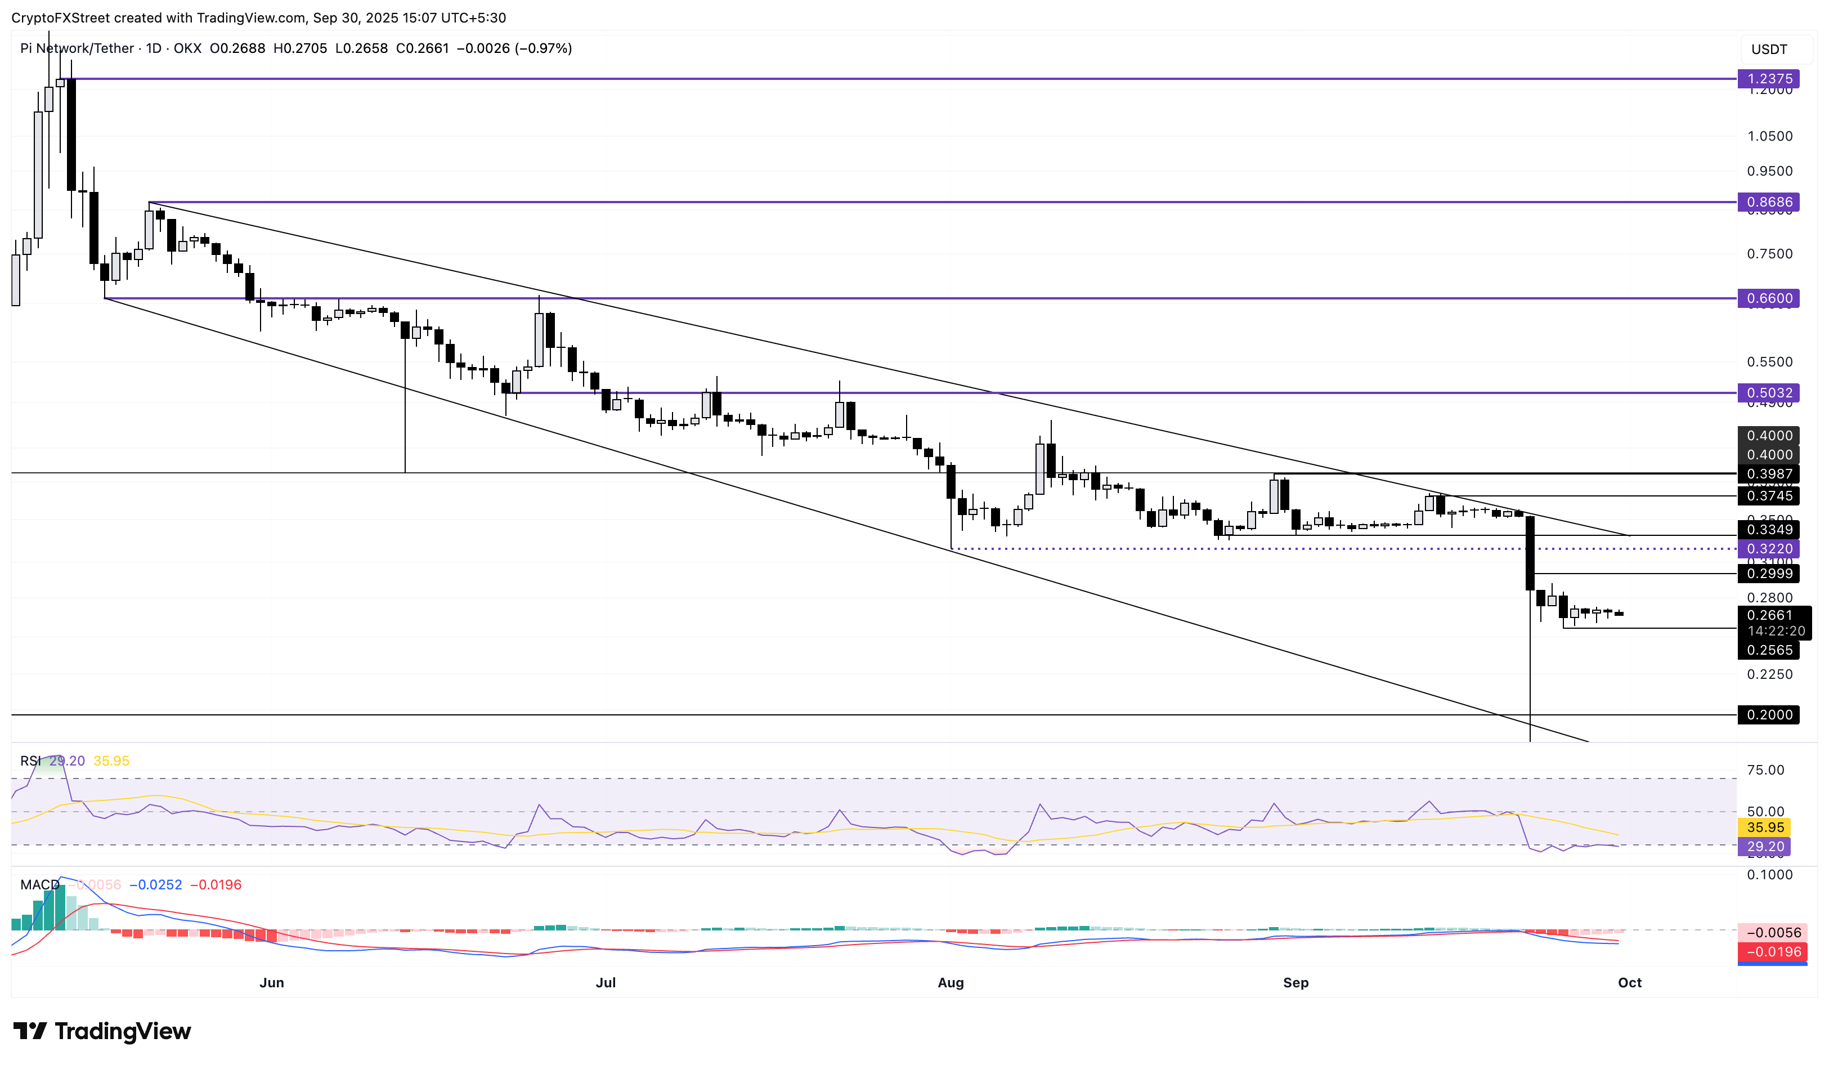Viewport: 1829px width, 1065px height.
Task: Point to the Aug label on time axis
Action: tap(950, 982)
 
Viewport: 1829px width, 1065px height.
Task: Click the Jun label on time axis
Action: tap(271, 982)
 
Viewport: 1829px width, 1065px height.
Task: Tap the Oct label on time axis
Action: tap(1629, 982)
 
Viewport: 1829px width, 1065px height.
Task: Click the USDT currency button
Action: tap(1769, 50)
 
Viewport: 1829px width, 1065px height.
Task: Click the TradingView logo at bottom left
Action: tap(102, 1030)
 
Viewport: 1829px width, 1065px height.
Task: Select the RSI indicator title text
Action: tap(30, 761)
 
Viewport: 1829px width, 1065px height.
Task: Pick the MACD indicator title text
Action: tap(39, 884)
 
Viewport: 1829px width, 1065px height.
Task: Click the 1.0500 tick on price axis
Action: tap(1769, 136)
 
